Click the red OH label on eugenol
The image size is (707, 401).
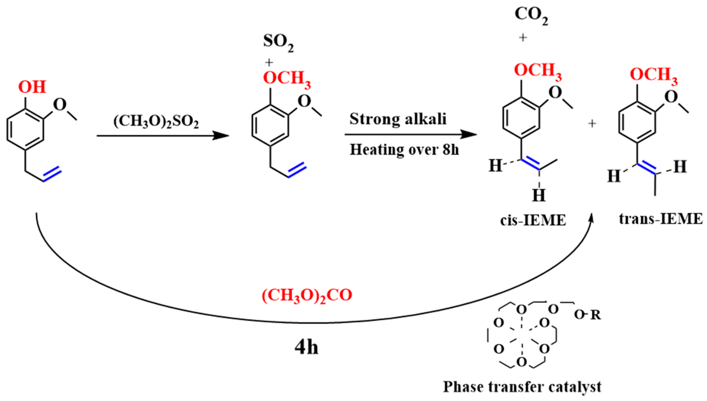(32, 87)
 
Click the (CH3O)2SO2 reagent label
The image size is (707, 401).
(156, 122)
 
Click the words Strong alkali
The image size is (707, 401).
(398, 119)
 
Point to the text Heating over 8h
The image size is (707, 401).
(404, 149)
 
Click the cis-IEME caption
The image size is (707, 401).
(533, 220)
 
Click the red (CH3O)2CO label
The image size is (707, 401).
(307, 296)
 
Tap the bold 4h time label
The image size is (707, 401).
(306, 348)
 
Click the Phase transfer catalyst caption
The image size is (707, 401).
(522, 387)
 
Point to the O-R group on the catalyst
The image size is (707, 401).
(588, 315)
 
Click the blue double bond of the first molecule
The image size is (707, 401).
(52, 175)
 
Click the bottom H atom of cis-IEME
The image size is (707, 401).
(539, 195)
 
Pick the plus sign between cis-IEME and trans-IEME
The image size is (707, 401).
(592, 124)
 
